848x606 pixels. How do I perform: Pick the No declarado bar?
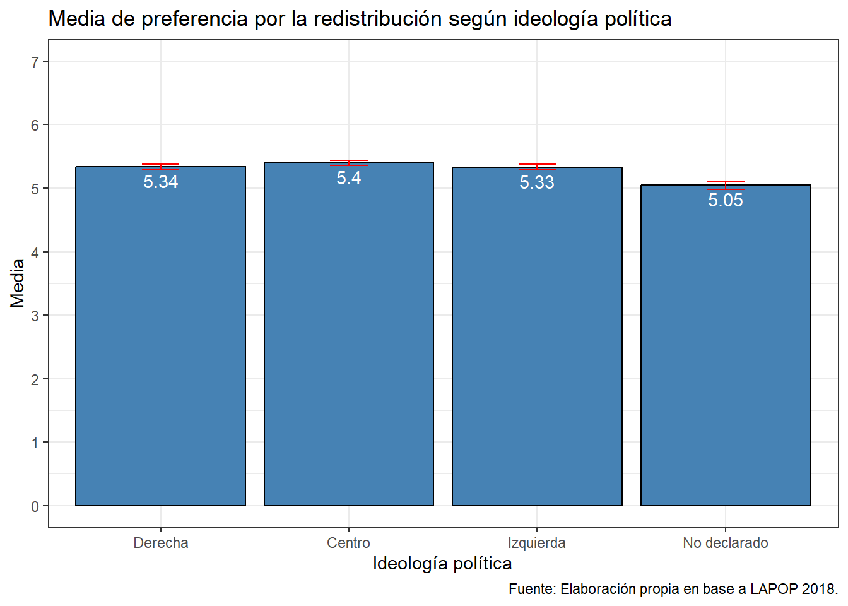pos(726,347)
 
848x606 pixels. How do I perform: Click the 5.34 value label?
pos(161,182)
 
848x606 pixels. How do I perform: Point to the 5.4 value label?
pos(349,178)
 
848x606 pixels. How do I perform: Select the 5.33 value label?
pos(537,182)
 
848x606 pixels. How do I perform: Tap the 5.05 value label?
pos(726,200)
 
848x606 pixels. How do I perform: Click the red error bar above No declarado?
pos(726,185)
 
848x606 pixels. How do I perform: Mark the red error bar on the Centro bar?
pos(349,163)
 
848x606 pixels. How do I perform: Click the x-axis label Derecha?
pos(161,543)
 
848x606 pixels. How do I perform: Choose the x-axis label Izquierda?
pos(537,543)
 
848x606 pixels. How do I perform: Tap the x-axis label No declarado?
pos(726,543)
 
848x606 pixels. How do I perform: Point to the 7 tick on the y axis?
pos(35,62)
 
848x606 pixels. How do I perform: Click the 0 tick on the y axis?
pos(35,506)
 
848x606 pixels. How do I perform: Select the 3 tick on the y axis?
pos(35,316)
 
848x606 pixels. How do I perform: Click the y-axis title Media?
pos(18,283)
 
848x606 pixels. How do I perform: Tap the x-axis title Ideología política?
pos(442,563)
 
